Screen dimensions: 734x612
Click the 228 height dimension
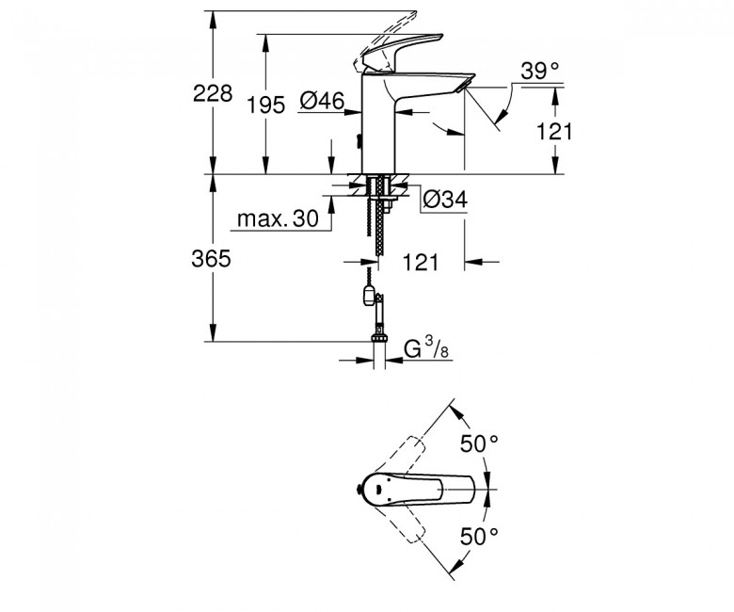(213, 93)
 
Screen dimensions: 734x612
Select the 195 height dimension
(265, 105)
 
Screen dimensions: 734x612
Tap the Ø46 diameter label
(322, 101)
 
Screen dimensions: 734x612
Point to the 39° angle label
(540, 72)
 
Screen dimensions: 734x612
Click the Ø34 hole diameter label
(445, 200)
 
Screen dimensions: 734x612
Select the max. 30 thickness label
(278, 218)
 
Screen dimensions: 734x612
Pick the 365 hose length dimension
(211, 259)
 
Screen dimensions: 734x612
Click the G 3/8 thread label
(426, 348)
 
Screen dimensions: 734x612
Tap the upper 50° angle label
(479, 443)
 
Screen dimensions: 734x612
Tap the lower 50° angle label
(479, 536)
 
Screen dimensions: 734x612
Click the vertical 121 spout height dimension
(553, 132)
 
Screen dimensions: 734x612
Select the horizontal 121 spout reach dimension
(421, 263)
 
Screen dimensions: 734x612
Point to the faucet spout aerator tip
(465, 86)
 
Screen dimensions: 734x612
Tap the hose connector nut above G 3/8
(379, 338)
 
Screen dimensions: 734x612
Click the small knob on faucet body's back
(359, 140)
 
